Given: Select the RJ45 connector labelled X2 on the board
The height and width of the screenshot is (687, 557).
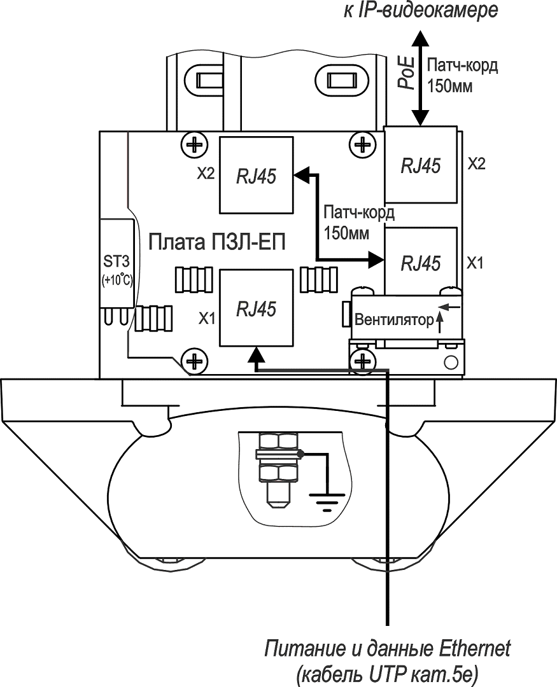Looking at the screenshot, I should click(256, 175).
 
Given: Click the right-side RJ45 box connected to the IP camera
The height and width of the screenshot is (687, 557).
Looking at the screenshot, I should click(421, 165).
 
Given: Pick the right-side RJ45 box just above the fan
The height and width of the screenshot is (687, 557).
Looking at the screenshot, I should click(421, 261).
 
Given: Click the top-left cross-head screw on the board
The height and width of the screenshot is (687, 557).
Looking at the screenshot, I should click(192, 144).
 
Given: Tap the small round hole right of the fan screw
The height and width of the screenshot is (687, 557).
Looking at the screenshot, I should click(451, 363).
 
